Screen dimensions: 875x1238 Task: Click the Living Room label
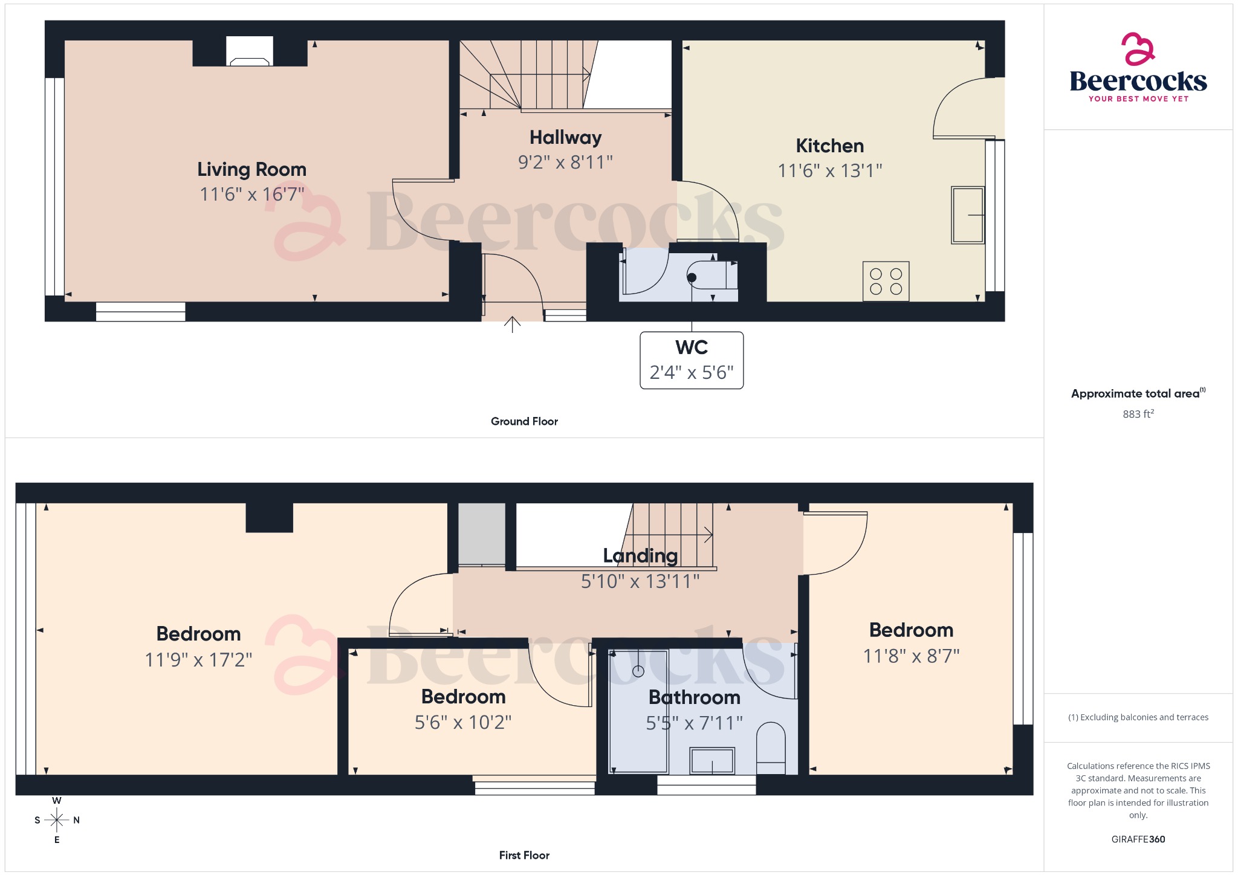click(x=251, y=169)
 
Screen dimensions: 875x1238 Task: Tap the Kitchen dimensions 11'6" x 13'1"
click(x=829, y=171)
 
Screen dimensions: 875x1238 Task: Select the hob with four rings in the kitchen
click(x=886, y=282)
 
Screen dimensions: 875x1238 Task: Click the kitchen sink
click(x=967, y=215)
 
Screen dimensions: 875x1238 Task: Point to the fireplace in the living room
click(x=249, y=53)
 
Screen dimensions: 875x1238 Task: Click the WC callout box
click(x=692, y=360)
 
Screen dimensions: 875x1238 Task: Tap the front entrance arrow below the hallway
click(x=512, y=324)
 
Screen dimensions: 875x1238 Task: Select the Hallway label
click(x=565, y=138)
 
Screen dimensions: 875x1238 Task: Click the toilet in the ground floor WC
click(x=713, y=277)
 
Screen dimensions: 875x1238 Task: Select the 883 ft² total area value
click(x=1138, y=415)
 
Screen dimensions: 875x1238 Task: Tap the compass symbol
click(x=57, y=820)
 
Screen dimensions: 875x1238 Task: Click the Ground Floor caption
click(x=524, y=422)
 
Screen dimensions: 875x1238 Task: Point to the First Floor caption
click(x=524, y=856)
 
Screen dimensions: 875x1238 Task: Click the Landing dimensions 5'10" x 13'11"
click(x=640, y=582)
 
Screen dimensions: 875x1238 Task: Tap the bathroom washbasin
click(x=712, y=761)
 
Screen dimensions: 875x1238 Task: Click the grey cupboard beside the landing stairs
click(x=481, y=534)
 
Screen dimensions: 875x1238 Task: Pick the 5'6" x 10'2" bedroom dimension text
click(x=463, y=723)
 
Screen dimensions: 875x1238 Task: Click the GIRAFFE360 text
click(x=1138, y=839)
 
